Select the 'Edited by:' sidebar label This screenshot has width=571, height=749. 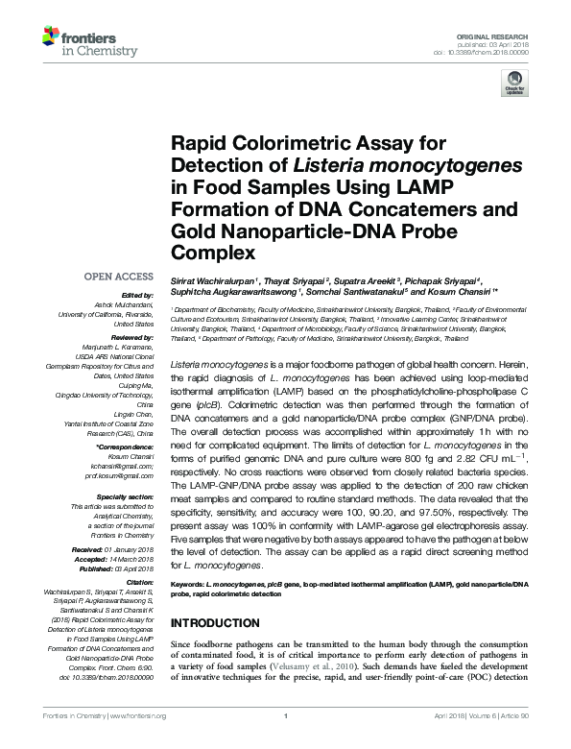[138, 295]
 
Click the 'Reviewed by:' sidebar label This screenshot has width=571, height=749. [131, 339]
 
